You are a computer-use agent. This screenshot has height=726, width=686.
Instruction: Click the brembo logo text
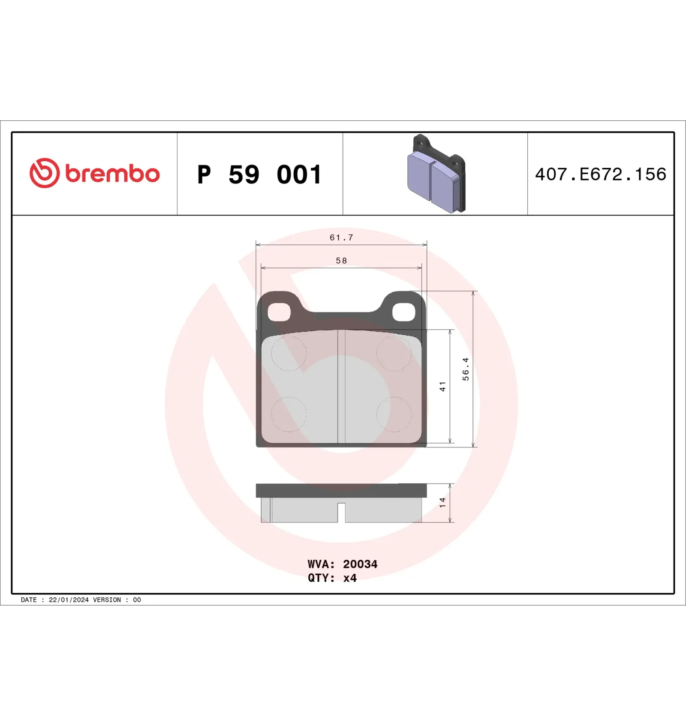[112, 174]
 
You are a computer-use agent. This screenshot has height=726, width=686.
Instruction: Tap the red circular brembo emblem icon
[44, 173]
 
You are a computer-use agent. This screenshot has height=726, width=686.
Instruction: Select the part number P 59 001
[259, 174]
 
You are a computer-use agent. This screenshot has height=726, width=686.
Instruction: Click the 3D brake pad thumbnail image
[436, 174]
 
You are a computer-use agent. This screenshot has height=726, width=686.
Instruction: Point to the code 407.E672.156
[601, 174]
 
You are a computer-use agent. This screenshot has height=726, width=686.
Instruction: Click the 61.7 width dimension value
[341, 237]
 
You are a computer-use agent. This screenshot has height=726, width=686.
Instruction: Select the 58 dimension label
[341, 261]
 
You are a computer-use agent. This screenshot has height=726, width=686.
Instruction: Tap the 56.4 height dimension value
[466, 369]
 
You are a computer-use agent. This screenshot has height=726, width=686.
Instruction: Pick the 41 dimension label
[442, 386]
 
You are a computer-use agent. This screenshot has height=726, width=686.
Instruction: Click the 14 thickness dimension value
[442, 503]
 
